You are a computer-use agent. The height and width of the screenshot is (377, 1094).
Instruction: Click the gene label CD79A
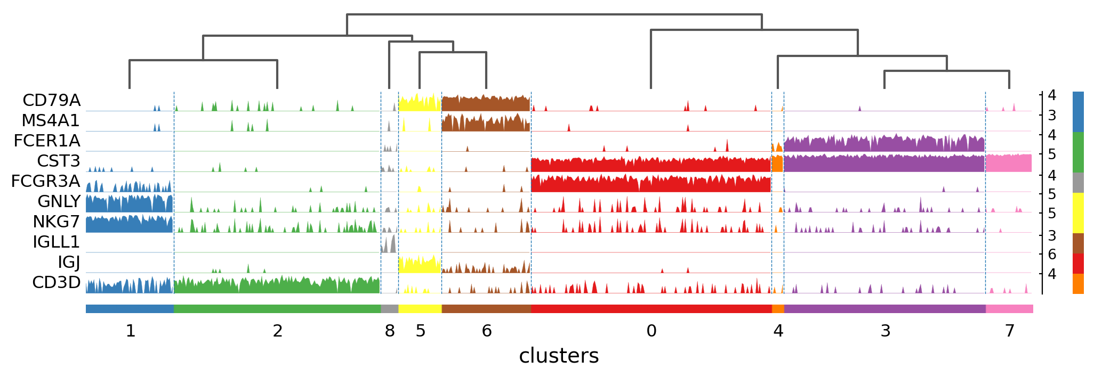pyautogui.click(x=51, y=101)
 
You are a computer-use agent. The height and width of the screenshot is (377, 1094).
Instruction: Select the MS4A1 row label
pyautogui.click(x=51, y=121)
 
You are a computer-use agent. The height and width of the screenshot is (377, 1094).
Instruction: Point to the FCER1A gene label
pyautogui.click(x=47, y=141)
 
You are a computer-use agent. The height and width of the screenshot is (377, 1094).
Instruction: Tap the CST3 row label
pyautogui.click(x=59, y=161)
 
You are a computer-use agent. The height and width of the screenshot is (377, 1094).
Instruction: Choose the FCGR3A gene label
pyautogui.click(x=46, y=182)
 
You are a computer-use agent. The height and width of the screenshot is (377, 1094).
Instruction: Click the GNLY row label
pyautogui.click(x=59, y=202)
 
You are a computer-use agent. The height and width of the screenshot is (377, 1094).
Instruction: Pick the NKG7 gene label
pyautogui.click(x=56, y=222)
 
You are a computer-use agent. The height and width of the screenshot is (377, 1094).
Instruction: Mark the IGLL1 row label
pyautogui.click(x=56, y=242)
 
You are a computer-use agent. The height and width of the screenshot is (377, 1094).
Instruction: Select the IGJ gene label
pyautogui.click(x=69, y=263)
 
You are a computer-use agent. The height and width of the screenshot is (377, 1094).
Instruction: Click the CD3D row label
pyautogui.click(x=56, y=283)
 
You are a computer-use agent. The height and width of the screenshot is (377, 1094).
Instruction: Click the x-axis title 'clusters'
pyautogui.click(x=559, y=356)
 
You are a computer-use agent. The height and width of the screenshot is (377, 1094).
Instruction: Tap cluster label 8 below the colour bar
pyautogui.click(x=390, y=331)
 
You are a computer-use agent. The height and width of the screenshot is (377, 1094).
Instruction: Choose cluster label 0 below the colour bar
pyautogui.click(x=651, y=331)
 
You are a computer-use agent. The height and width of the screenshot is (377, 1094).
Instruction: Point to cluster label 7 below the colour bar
pyautogui.click(x=1010, y=331)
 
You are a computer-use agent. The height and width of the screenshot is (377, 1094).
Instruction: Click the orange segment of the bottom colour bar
pyautogui.click(x=778, y=309)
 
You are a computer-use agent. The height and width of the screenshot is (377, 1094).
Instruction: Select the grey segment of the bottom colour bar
pyautogui.click(x=390, y=309)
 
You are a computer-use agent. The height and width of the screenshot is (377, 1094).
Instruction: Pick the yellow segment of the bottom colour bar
pyautogui.click(x=420, y=309)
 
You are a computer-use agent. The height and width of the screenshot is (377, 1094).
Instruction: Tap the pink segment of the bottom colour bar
pyautogui.click(x=1009, y=309)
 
